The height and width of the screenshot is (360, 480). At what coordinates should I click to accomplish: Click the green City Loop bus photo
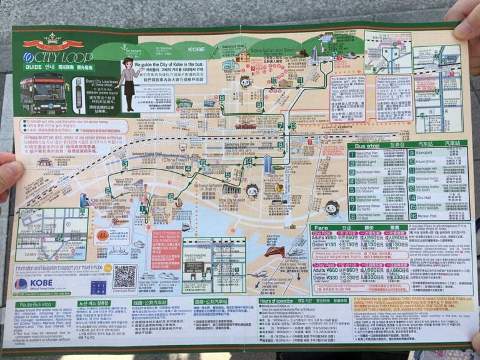tap(44, 94)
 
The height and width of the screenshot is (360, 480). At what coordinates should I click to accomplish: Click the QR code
tap(124, 275)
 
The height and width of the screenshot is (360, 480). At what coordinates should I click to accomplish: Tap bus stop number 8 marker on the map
tap(222, 98)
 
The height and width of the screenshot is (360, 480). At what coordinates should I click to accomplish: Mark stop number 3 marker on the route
tap(125, 164)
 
